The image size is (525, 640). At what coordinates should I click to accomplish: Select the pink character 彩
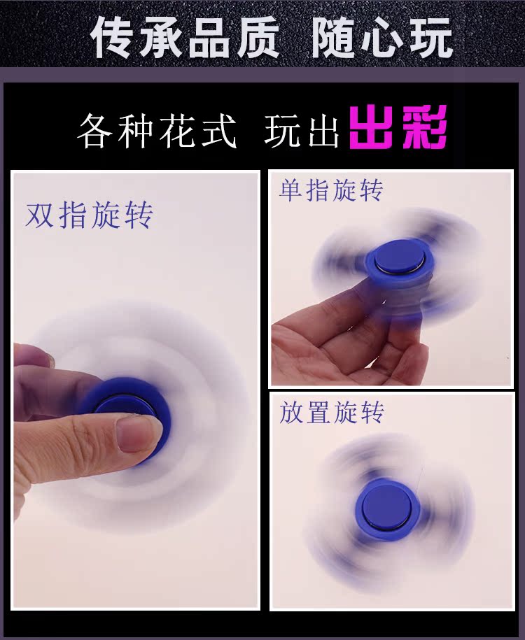point(423,129)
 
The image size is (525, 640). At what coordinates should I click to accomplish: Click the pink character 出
point(374,129)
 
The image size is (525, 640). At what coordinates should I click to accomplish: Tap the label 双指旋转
point(89,215)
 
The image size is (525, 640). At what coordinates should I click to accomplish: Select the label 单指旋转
point(331,190)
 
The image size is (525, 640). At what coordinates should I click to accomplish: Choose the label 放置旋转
point(332,413)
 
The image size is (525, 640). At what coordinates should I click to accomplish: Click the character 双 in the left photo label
point(41,215)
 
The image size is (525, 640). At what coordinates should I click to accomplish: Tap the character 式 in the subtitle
point(220,131)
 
